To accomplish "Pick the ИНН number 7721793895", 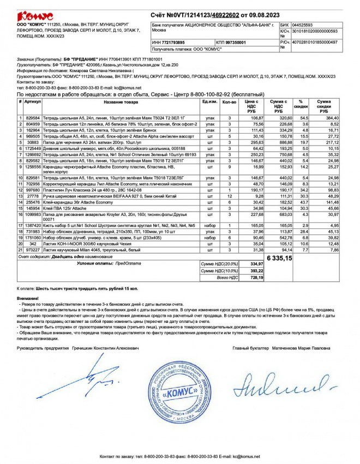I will pyautogui.click(x=169, y=42).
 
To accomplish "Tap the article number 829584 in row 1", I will pyautogui.click(x=32, y=117).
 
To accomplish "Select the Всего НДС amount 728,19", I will pyautogui.click(x=256, y=278).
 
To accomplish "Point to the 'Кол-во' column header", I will pyautogui.click(x=230, y=102).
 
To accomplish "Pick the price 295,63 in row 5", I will pyautogui.click(x=255, y=142).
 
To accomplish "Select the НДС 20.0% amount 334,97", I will pyautogui.click(x=256, y=263).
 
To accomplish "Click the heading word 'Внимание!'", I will pyautogui.click(x=28, y=298).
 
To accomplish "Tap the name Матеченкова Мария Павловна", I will pyautogui.click(x=306, y=347).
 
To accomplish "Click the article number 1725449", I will pyautogui.click(x=32, y=148).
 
